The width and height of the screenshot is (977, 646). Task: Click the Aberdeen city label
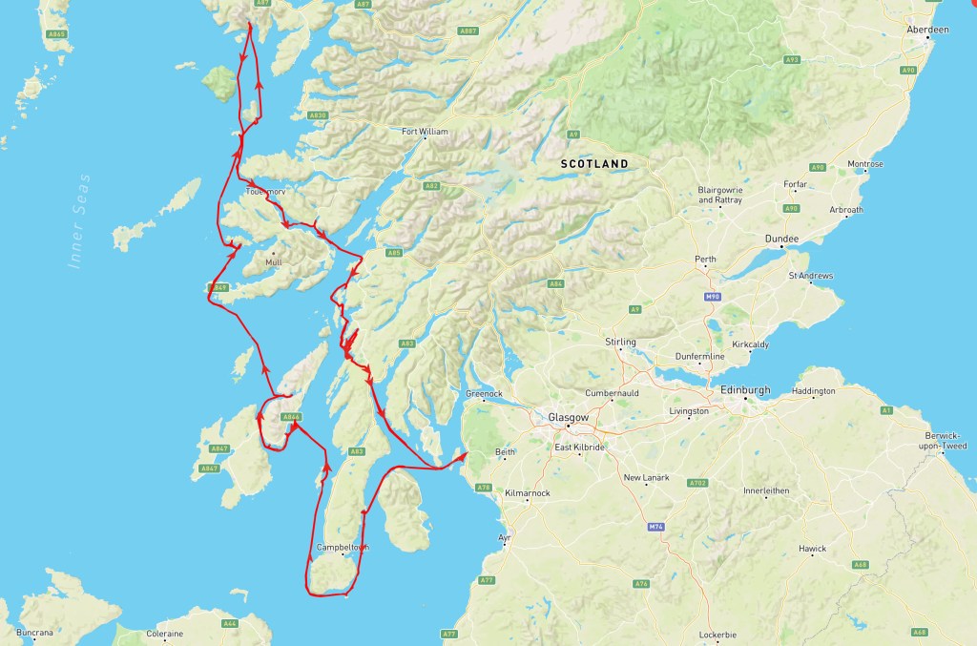pos(929,30)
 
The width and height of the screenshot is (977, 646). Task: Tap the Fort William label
pos(425,132)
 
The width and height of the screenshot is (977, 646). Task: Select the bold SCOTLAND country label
pos(594,164)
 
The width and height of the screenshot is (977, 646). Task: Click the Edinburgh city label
pos(743,390)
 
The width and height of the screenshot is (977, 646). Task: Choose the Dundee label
pos(782,239)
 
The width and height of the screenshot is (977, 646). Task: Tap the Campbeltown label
pos(342,547)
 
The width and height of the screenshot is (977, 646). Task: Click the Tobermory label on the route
pos(265,192)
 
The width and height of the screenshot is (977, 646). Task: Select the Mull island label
pos(274,261)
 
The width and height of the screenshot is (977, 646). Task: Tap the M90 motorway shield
pos(711,298)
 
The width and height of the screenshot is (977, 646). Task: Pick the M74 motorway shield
pos(655,527)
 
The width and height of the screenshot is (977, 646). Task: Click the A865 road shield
pos(57,34)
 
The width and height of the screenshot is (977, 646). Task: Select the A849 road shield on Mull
pos(219,287)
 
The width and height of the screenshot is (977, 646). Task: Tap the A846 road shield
pos(292,417)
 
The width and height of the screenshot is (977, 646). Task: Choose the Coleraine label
pos(164,633)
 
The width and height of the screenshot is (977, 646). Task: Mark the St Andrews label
pos(811,277)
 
